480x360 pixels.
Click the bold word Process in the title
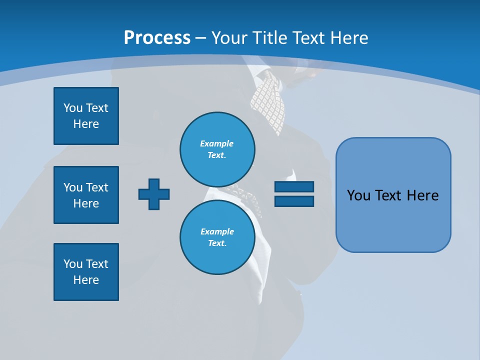pos(157,37)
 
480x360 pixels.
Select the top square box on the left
pos(86,116)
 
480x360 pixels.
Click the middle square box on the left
pos(86,195)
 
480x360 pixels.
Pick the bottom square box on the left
pos(86,272)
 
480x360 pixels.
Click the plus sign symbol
pos(154,194)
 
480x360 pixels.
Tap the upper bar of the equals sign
pos(294,187)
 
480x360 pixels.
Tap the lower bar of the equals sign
pos(294,201)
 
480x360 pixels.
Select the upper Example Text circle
pos(217,149)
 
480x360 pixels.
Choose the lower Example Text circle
pos(217,237)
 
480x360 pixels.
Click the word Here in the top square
pos(86,124)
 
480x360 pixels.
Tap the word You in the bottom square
pos(73,263)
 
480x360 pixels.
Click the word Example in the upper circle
pos(216,143)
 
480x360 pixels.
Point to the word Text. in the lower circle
pos(217,243)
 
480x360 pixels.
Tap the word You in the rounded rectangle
pos(358,195)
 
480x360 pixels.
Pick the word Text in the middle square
pos(97,187)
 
